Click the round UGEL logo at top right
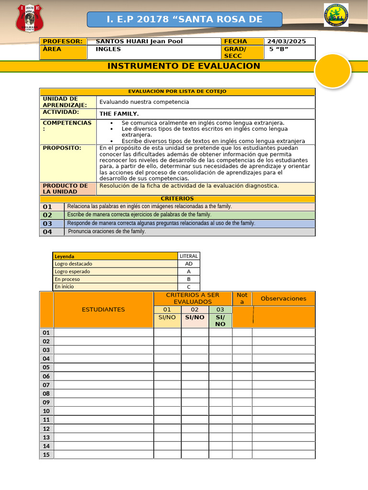click(x=336, y=15)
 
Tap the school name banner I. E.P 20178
click(x=184, y=19)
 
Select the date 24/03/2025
click(x=286, y=41)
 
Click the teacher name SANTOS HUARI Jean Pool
click(x=139, y=41)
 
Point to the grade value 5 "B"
click(x=278, y=49)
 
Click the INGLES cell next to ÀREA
click(x=108, y=49)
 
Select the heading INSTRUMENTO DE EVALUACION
click(x=184, y=66)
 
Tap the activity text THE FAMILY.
click(x=119, y=114)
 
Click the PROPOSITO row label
click(x=62, y=148)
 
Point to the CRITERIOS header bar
click(x=177, y=198)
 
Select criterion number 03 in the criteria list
click(x=47, y=223)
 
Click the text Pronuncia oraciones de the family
click(x=107, y=232)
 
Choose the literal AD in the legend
click(x=188, y=264)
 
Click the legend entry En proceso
click(x=68, y=279)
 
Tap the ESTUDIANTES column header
click(x=103, y=310)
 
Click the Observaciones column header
click(x=283, y=299)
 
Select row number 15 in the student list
click(x=46, y=455)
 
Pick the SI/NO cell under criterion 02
click(x=195, y=317)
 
